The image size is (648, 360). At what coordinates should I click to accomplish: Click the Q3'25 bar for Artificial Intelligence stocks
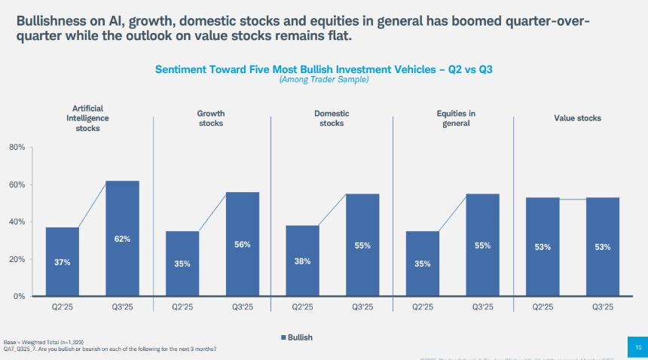122,238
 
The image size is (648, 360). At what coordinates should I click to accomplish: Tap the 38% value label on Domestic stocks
303,262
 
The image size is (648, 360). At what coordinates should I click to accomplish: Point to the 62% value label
122,239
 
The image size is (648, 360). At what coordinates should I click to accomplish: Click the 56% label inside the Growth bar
243,244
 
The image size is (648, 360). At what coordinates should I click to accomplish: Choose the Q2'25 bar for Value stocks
543,246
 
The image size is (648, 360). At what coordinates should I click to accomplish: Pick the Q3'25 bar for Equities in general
482,245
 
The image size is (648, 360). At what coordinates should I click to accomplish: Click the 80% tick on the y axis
17,148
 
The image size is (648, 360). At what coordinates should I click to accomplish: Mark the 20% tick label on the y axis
17,259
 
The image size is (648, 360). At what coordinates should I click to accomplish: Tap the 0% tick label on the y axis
20,296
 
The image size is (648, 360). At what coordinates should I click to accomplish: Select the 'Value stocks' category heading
578,118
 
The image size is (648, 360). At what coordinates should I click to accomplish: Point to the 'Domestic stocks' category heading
332,118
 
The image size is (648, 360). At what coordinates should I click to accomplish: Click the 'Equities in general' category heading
456,118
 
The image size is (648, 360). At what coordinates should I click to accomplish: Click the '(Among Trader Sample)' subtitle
324,79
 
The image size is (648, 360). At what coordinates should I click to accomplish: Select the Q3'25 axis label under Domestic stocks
362,307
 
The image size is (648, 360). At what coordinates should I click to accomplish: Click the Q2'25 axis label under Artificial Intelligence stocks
62,307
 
